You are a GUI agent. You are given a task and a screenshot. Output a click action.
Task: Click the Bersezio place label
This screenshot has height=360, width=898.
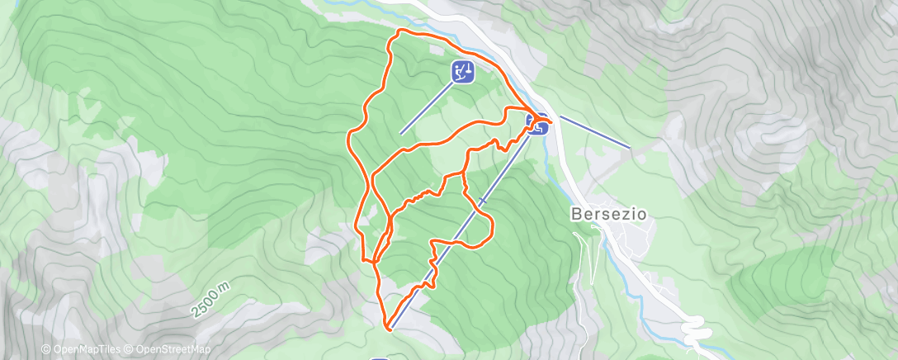608,213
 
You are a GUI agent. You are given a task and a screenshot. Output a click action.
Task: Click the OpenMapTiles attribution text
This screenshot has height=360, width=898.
84,349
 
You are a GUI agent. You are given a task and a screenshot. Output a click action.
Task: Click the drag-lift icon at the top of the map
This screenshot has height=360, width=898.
462,72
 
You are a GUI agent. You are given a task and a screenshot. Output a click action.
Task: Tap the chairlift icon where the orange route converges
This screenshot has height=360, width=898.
538,124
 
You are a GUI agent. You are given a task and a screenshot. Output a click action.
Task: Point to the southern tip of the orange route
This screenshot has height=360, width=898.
387,329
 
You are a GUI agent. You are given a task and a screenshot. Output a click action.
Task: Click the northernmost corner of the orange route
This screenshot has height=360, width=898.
401,31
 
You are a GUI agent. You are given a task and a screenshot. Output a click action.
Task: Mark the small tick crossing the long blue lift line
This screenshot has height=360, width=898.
482,201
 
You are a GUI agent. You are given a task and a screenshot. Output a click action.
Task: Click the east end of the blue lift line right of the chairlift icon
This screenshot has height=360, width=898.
631,148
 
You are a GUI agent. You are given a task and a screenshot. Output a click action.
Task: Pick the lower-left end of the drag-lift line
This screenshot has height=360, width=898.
401,133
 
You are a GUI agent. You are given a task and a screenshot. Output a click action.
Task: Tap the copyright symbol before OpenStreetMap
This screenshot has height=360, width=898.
130,349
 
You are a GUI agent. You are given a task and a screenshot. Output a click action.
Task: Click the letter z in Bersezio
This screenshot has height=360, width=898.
622,213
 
